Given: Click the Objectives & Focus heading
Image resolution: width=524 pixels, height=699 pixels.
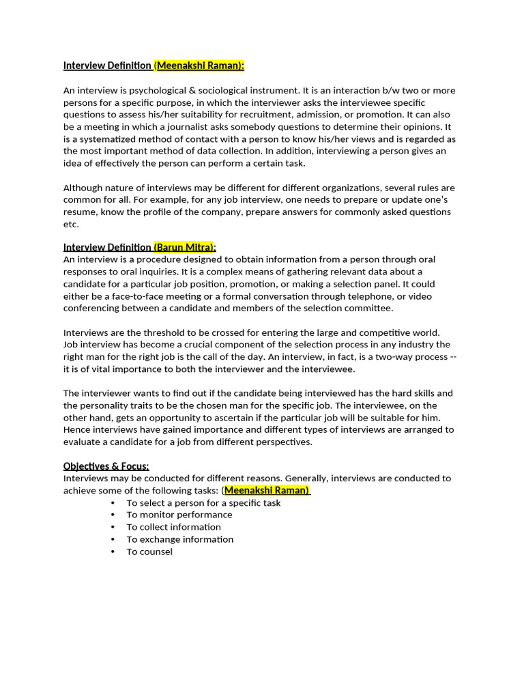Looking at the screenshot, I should [x=106, y=466].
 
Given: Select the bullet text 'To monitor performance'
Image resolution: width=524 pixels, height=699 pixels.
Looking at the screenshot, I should [x=179, y=515].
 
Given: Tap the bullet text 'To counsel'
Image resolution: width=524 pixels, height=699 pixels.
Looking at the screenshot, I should [x=149, y=552].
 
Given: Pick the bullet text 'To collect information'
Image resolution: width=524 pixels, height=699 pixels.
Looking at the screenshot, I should [x=173, y=527].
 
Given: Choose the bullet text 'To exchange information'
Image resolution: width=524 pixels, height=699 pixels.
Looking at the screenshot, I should [x=179, y=539].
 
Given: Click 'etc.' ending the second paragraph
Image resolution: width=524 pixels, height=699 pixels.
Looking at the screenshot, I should [x=71, y=225].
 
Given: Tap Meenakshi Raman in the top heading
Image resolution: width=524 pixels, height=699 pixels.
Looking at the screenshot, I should [x=199, y=66].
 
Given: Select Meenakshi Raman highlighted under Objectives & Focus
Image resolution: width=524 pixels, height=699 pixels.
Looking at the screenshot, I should [x=266, y=490].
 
